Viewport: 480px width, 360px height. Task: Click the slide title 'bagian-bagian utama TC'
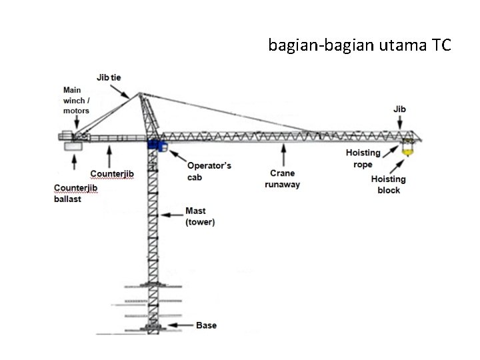pyautogui.click(x=360, y=45)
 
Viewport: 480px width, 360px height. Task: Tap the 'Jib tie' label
pyautogui.click(x=109, y=77)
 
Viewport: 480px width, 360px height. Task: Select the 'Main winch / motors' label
pyautogui.click(x=77, y=100)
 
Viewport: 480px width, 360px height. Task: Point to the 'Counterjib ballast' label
pyautogui.click(x=76, y=193)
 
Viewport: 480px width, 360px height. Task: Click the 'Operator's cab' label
pyautogui.click(x=209, y=171)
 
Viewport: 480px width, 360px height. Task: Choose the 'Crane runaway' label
pyautogui.click(x=282, y=179)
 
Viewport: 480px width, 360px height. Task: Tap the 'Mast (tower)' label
pyautogui.click(x=200, y=217)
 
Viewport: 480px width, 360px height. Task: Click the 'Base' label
pyautogui.click(x=206, y=325)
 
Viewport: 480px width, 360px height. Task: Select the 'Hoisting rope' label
pyautogui.click(x=363, y=159)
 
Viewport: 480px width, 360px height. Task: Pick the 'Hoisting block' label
pyautogui.click(x=389, y=184)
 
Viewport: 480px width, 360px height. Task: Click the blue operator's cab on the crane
pyautogui.click(x=156, y=145)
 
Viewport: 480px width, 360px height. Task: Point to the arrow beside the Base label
pyautogui.click(x=180, y=325)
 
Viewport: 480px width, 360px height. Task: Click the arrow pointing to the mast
pyautogui.click(x=173, y=215)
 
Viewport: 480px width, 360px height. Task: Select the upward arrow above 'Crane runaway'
pyautogui.click(x=285, y=155)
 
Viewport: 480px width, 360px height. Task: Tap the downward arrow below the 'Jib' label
pyautogui.click(x=399, y=122)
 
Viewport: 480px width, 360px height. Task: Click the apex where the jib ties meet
pyautogui.click(x=141, y=94)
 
